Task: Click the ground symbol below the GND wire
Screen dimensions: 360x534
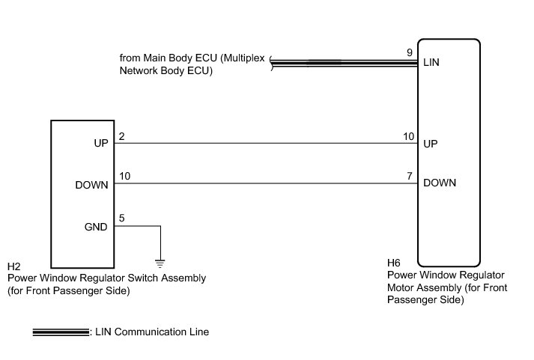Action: point(160,262)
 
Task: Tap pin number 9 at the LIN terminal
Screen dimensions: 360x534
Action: point(409,52)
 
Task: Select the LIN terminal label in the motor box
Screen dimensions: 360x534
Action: point(431,64)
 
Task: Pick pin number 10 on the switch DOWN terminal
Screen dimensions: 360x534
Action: point(124,176)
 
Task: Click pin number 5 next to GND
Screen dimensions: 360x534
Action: point(121,218)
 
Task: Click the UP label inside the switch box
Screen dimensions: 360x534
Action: point(101,144)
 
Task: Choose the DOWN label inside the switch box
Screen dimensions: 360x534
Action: point(92,185)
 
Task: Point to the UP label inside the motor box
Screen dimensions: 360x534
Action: point(431,143)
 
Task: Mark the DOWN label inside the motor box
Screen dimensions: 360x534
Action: point(440,183)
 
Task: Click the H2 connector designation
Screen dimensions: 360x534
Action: point(13,266)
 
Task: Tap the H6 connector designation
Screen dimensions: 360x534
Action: point(395,263)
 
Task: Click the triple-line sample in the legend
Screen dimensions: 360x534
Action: point(60,332)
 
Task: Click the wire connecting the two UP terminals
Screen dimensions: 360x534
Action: point(262,143)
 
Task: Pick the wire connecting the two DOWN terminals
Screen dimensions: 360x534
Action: point(262,184)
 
